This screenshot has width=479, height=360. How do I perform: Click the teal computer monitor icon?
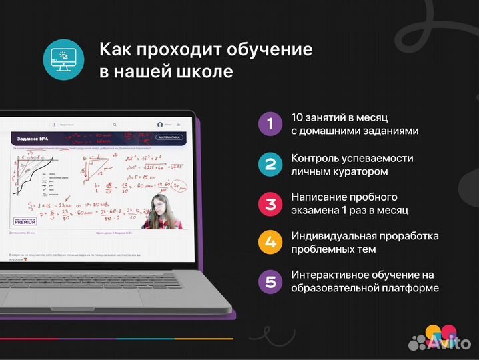point(64,59)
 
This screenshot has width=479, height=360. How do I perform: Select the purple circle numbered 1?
point(270,123)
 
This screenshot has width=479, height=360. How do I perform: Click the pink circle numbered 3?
point(270,203)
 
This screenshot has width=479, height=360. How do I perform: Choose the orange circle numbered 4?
point(270,242)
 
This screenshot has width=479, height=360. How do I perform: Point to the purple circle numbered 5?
point(270,281)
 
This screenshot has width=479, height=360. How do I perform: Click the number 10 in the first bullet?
point(298,117)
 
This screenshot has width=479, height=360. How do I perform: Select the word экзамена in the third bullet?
point(318,210)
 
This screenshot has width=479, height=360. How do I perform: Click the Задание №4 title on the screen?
point(29,139)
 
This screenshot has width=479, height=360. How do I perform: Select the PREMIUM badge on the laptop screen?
point(25,221)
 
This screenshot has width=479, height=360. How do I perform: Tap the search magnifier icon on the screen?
point(114,125)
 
